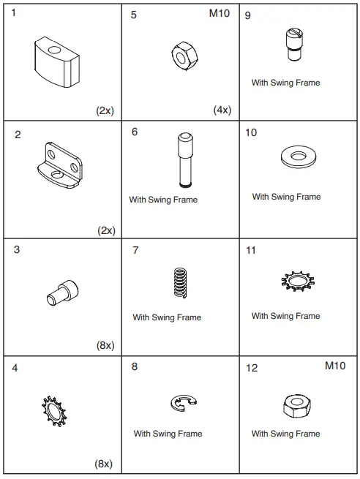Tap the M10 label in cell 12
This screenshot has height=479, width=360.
click(335, 365)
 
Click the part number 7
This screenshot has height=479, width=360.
click(135, 251)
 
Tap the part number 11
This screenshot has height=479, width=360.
click(251, 251)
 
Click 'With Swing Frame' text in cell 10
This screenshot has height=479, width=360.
click(286, 197)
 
